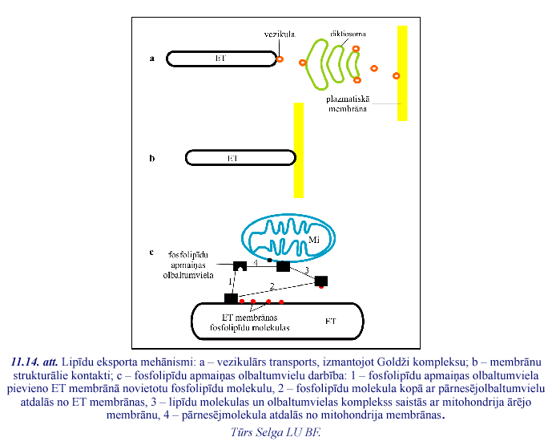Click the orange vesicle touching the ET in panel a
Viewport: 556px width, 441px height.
point(280,59)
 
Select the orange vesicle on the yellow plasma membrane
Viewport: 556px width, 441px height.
point(397,76)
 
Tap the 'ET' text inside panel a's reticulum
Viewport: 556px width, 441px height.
point(221,59)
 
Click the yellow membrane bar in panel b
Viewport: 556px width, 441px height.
point(299,149)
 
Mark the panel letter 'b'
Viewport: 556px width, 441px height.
point(151,159)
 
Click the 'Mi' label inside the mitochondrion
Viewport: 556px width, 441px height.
point(303,240)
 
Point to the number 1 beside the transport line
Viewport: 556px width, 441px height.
point(230,282)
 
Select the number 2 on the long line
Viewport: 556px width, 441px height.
point(272,286)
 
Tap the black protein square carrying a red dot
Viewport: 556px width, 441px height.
point(321,281)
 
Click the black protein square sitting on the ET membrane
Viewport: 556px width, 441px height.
point(231,298)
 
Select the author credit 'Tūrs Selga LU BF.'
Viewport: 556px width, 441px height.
point(275,431)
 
